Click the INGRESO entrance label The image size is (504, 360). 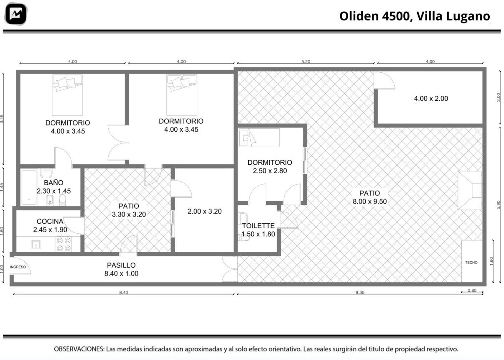18,267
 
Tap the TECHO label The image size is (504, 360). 471,263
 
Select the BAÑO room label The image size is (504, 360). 53,183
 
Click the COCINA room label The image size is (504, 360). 50,221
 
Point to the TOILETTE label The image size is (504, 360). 258,226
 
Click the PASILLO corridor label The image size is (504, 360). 121,265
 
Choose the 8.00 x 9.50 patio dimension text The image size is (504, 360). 370,202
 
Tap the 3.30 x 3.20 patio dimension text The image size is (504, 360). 129,214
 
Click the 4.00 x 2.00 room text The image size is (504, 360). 431,99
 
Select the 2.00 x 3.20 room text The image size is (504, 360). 204,212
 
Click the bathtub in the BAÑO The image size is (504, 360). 29,188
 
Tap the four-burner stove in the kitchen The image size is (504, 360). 64,244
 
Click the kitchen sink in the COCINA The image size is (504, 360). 36,245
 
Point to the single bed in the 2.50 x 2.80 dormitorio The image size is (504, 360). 259,138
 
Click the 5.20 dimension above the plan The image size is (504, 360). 305,61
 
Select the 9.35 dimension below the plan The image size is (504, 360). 360,292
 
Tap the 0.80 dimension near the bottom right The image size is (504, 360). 472,291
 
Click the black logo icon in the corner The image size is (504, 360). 16,14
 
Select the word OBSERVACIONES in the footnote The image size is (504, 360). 79,349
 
